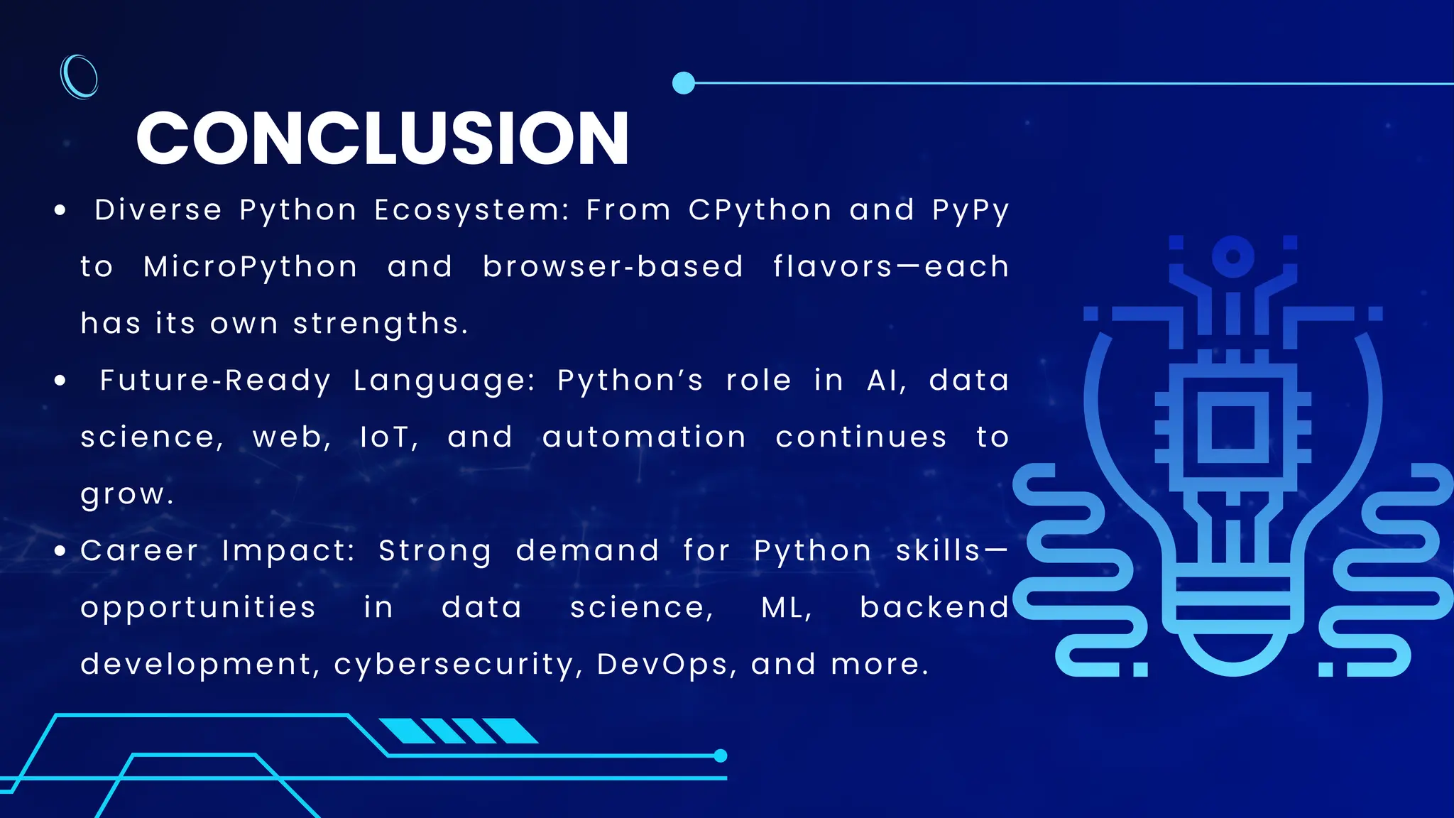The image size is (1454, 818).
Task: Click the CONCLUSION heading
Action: pyautogui.click(x=382, y=138)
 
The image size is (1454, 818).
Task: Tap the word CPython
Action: pyautogui.click(x=760, y=210)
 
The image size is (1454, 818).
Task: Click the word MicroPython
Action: pyautogui.click(x=250, y=267)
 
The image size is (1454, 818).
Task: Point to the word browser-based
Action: pyautogui.click(x=613, y=267)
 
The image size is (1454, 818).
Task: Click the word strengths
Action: pyautogui.click(x=380, y=325)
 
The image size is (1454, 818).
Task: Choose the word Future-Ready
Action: pyautogui.click(x=215, y=381)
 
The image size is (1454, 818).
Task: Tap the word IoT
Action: pyautogui.click(x=388, y=437)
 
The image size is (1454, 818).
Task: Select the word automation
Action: pyautogui.click(x=644, y=437)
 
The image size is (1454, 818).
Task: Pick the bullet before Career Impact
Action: pyautogui.click(x=60, y=551)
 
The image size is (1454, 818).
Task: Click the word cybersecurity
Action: pyautogui.click(x=458, y=665)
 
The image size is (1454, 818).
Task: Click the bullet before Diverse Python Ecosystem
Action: pyautogui.click(x=60, y=210)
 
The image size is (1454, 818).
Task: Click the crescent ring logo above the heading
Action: pyautogui.click(x=80, y=76)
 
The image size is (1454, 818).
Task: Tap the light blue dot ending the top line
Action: pyautogui.click(x=683, y=83)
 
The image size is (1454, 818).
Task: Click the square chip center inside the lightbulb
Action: pyautogui.click(x=1233, y=428)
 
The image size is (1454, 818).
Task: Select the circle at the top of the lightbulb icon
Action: pyautogui.click(x=1233, y=256)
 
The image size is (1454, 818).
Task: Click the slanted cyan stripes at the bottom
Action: pyautogui.click(x=458, y=731)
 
